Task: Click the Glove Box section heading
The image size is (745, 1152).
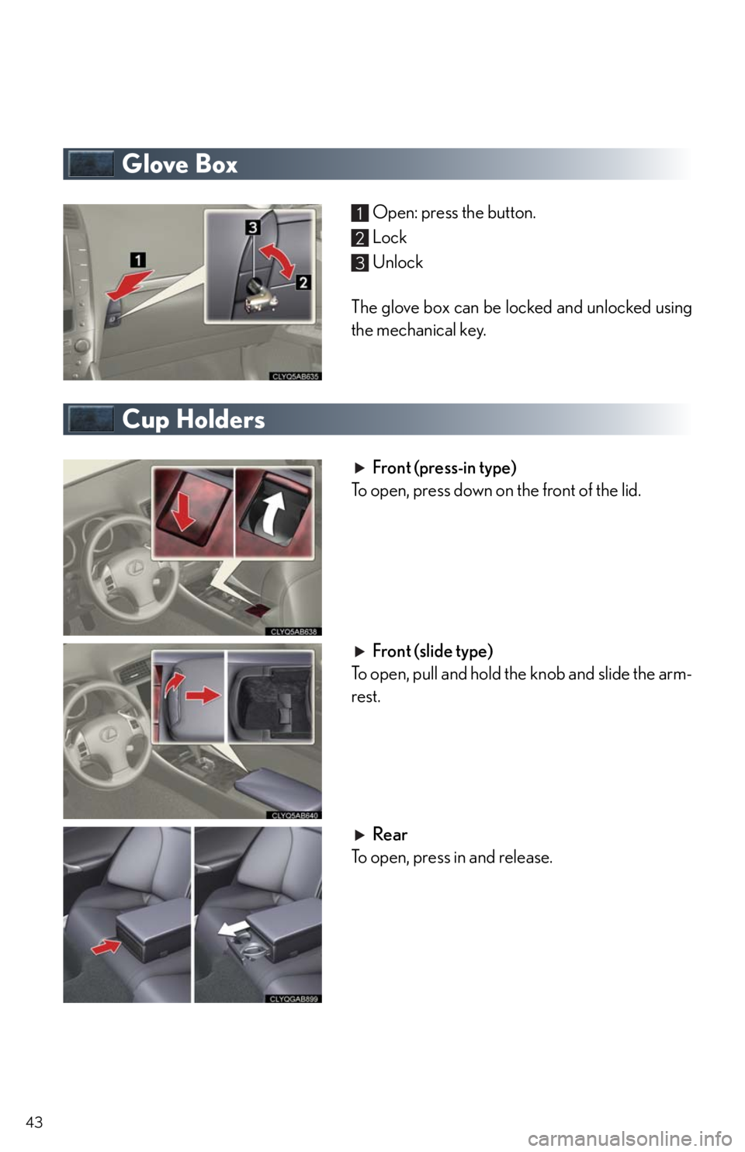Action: [179, 164]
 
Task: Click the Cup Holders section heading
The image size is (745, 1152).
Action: [193, 419]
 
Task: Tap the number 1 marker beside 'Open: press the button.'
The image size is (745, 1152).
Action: [360, 213]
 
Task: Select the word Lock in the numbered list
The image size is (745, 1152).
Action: [390, 238]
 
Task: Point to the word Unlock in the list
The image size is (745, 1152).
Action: [397, 262]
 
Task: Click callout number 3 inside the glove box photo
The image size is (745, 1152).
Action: [252, 227]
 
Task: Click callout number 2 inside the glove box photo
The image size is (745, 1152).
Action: [303, 283]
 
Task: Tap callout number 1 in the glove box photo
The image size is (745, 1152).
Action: [138, 260]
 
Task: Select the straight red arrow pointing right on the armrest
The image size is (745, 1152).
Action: [203, 696]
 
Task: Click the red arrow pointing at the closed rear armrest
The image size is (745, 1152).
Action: [106, 946]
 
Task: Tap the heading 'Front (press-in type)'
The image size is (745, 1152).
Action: [444, 468]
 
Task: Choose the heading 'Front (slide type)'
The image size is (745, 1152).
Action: [432, 651]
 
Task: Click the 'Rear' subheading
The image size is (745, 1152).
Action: [390, 835]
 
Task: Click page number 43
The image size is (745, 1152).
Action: [34, 1123]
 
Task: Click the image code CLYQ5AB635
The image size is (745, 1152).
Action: [295, 376]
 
